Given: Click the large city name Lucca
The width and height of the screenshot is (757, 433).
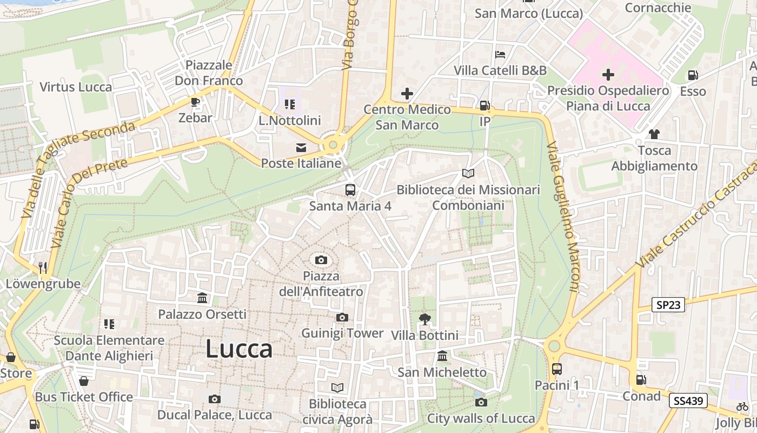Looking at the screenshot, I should (x=238, y=349).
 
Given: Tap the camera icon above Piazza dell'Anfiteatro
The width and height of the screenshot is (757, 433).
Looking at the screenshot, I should (x=321, y=260).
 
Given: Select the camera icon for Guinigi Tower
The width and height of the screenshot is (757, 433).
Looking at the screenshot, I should (x=342, y=318).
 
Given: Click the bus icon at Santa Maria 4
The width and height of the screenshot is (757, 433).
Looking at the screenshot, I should (x=350, y=190).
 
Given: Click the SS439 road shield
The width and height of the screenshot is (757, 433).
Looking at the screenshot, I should (x=688, y=401).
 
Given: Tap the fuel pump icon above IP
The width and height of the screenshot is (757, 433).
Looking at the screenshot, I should (x=485, y=106).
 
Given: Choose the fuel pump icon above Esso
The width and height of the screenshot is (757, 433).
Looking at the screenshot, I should (x=693, y=75).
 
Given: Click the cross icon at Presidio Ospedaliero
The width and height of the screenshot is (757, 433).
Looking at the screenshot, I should (x=608, y=75).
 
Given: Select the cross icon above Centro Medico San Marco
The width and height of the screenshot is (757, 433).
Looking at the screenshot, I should (x=407, y=94).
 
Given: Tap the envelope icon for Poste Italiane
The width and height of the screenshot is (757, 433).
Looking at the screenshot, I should (x=301, y=148).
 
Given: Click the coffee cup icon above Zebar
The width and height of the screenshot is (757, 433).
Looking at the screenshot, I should (x=195, y=102).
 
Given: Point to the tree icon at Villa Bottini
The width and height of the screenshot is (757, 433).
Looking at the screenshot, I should (x=424, y=319).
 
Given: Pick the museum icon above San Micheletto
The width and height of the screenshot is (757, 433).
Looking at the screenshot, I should (x=442, y=356).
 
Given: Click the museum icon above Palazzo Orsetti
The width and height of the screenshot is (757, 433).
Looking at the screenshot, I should (x=202, y=298).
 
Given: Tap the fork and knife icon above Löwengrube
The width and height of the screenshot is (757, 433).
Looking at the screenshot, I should (x=43, y=267).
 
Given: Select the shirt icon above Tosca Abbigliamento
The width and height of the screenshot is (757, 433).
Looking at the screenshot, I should (x=654, y=134).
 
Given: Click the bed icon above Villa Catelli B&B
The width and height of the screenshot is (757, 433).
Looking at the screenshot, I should (x=500, y=55).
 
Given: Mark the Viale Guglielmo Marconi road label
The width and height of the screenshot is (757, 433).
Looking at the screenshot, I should (x=563, y=216).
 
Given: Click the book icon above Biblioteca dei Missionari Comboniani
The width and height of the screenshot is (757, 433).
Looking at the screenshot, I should (x=468, y=174).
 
